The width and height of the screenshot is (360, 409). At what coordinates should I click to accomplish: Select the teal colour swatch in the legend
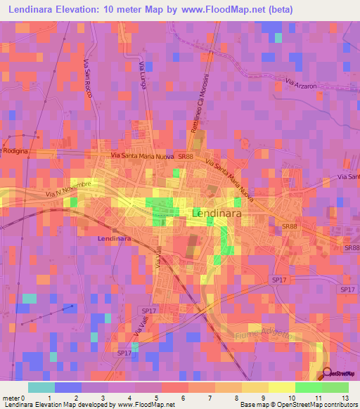41,387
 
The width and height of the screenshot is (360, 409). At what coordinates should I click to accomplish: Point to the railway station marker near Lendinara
112,229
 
